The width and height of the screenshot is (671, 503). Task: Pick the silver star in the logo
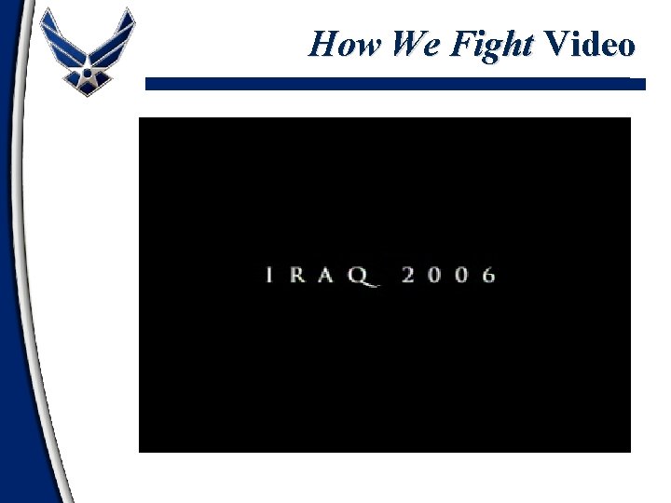tap(88, 65)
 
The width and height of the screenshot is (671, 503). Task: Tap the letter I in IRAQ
tap(271, 276)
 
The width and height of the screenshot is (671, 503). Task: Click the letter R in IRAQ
tap(301, 276)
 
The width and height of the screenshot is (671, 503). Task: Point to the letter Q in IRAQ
tap(366, 277)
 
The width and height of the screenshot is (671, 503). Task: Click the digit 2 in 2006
tap(409, 276)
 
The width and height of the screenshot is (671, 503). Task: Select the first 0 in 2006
tap(436, 276)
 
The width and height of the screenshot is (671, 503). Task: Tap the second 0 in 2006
tap(463, 276)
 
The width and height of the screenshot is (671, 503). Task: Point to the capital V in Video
tap(555, 44)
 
